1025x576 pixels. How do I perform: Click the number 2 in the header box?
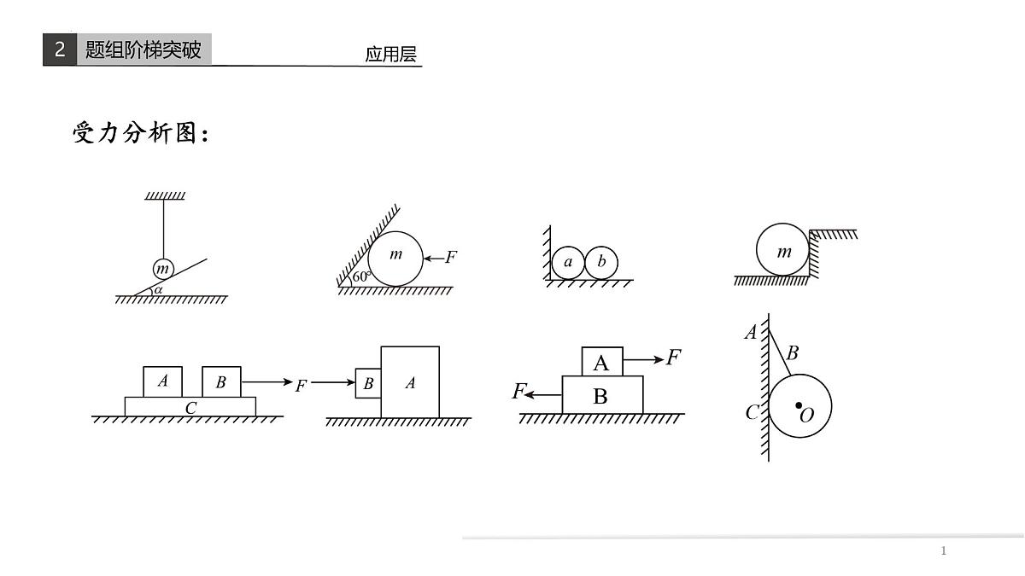[60, 50]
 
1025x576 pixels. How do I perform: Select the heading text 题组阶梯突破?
[143, 50]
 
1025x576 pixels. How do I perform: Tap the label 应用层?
[390, 55]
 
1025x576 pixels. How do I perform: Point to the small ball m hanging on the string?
[163, 270]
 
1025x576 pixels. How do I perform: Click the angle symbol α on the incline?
[158, 290]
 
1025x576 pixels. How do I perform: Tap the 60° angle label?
[360, 276]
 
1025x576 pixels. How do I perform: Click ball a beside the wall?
[568, 263]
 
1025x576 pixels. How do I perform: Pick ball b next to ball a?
[601, 263]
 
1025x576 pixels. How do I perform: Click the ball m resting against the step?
[782, 251]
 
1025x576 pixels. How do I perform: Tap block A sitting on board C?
[162, 381]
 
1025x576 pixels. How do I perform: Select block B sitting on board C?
[221, 381]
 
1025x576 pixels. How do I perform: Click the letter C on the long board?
[190, 408]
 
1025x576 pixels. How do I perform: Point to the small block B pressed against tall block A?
[368, 384]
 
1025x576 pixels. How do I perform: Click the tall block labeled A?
[410, 382]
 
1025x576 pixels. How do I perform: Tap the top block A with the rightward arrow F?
[601, 362]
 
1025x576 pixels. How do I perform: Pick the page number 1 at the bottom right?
[943, 550]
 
